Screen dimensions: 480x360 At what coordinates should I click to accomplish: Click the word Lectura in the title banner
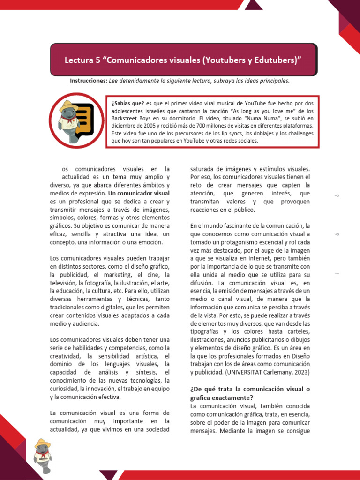pyautogui.click(x=78, y=60)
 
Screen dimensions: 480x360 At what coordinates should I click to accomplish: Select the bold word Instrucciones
pyautogui.click(x=88, y=81)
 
